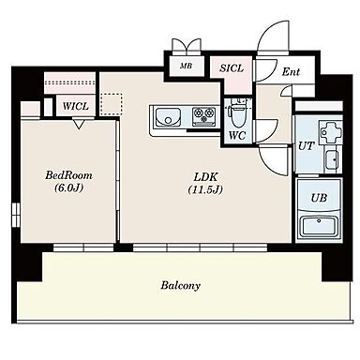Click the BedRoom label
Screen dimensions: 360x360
click(68, 175)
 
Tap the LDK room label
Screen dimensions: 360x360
click(205, 177)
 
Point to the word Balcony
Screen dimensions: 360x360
click(180, 285)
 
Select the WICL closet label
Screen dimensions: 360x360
click(76, 106)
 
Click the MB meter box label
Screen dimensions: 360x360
click(186, 66)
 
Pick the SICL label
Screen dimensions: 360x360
click(232, 68)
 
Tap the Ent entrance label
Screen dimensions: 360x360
click(291, 72)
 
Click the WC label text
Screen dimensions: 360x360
click(237, 136)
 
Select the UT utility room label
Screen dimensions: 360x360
click(306, 145)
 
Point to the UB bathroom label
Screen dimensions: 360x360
click(319, 198)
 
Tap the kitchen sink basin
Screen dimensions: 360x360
click(168, 116)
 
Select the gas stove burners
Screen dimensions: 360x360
click(203, 116)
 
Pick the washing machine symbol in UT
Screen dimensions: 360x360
click(330, 132)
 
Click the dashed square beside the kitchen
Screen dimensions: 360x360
click(112, 105)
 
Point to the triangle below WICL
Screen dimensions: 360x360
click(80, 124)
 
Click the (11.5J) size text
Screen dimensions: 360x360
click(205, 189)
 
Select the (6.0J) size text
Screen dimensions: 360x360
click(68, 187)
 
